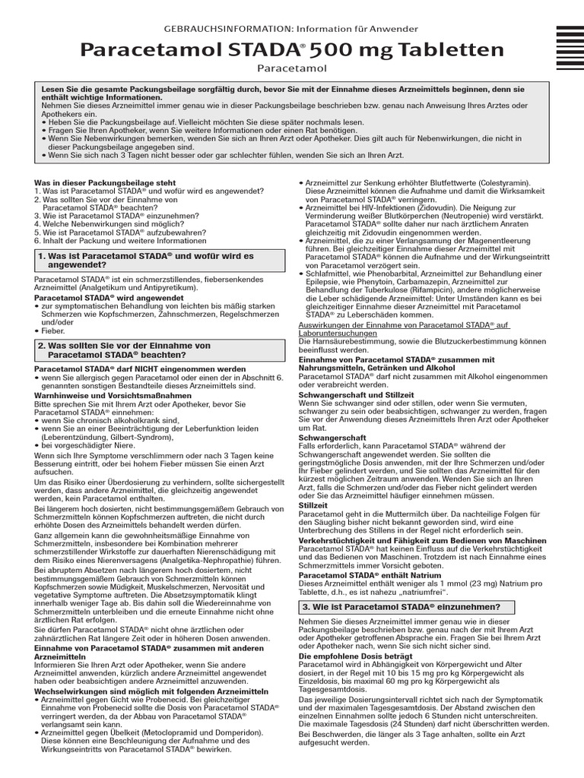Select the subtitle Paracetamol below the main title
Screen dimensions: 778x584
pos(291,69)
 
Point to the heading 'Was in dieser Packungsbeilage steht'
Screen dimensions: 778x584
pos(105,183)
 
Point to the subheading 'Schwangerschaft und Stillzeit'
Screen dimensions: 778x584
pos(356,395)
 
